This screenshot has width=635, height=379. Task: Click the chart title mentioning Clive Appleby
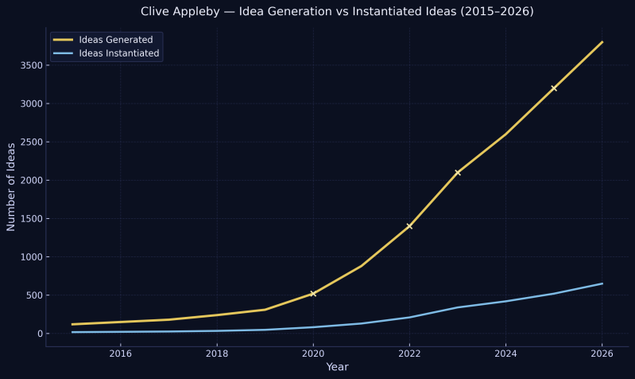[x=337, y=12]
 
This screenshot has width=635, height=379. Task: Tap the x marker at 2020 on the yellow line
[x=313, y=294]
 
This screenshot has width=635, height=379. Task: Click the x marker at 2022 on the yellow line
[x=409, y=226]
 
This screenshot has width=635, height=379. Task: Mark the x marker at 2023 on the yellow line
[x=458, y=173]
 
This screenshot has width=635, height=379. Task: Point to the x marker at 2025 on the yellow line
[x=554, y=88]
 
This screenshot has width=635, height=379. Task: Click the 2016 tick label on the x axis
[x=121, y=354]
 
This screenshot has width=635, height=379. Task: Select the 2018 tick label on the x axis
[x=217, y=354]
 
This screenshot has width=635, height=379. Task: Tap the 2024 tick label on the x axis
[x=506, y=354]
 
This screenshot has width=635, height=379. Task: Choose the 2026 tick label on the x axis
[x=602, y=354]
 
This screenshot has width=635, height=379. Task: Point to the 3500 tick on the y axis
[x=30, y=65]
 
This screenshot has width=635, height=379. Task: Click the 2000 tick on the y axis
[x=30, y=181]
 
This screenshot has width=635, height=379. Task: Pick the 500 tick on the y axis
[x=33, y=295]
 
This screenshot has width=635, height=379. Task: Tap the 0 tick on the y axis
[x=38, y=334]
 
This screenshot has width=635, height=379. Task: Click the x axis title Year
[x=337, y=367]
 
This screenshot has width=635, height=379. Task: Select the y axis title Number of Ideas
[x=11, y=186]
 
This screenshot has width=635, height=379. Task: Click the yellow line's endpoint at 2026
[x=602, y=42]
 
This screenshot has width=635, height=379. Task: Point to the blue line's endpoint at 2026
[x=602, y=283]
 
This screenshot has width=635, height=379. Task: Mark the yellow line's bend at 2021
[x=362, y=266]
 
